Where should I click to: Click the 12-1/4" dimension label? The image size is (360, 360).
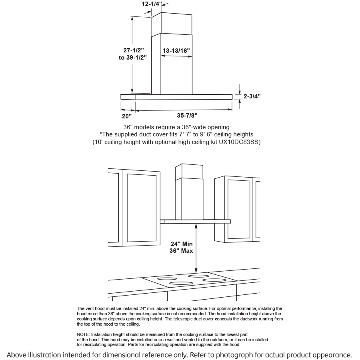pyautogui.click(x=152, y=4)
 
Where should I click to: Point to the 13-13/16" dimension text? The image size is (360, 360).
pyautogui.click(x=176, y=51)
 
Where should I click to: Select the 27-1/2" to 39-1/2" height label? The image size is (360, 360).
pyautogui.click(x=133, y=54)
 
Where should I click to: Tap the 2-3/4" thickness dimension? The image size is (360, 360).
pyautogui.click(x=252, y=96)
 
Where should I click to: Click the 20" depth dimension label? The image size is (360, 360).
pyautogui.click(x=127, y=116)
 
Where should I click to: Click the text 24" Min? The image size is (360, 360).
pyautogui.click(x=182, y=244)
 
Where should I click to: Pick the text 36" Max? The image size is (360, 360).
pyautogui.click(x=181, y=251)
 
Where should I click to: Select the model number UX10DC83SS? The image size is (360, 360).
pyautogui.click(x=240, y=142)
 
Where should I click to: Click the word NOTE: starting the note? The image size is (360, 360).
pyautogui.click(x=83, y=334)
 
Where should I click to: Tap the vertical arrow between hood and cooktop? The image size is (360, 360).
pyautogui.click(x=196, y=248)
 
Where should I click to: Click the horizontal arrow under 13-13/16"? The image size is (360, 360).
pyautogui.click(x=176, y=56)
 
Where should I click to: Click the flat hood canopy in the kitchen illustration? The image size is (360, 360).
pyautogui.click(x=196, y=221)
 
